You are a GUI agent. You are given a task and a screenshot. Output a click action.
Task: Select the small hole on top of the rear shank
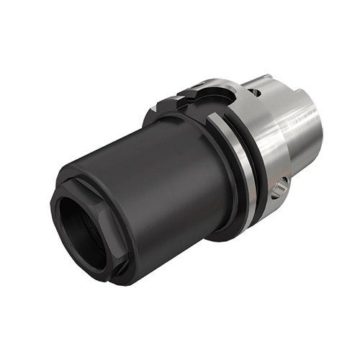pyautogui.click(x=257, y=93)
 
